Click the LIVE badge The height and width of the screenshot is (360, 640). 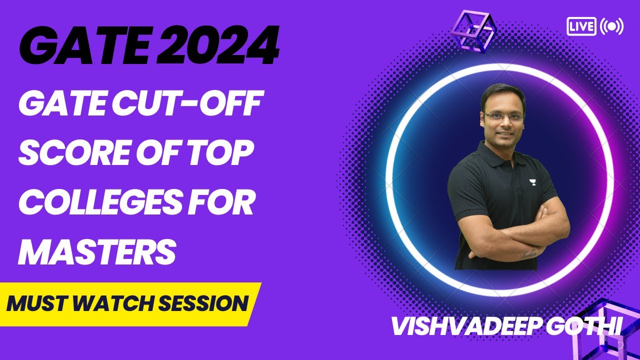coord(581,26)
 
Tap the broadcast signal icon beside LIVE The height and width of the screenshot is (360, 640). coord(611,26)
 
